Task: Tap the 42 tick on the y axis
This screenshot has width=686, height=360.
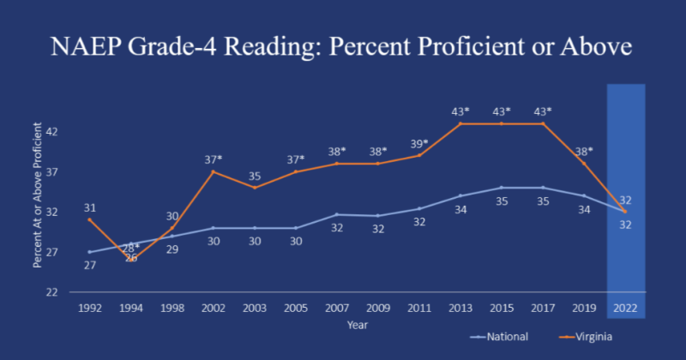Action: point(52,132)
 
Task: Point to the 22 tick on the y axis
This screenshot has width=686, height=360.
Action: point(52,292)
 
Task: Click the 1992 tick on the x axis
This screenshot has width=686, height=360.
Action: point(89,307)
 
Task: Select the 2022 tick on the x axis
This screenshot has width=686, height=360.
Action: point(624,307)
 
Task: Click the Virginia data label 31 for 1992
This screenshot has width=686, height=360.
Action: point(89,207)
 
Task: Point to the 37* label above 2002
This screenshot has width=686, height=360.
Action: point(213,160)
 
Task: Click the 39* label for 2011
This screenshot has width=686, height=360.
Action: point(418,144)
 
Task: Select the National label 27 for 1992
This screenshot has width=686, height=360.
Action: point(89,265)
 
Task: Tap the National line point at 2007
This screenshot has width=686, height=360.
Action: point(336,214)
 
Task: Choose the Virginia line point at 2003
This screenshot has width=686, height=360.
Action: point(254,188)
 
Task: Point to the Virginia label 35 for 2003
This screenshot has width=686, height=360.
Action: point(254,176)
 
